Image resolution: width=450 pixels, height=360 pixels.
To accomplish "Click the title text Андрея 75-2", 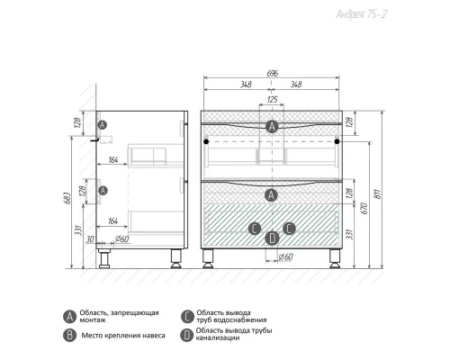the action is click(361, 14).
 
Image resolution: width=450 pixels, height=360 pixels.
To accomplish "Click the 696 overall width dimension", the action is click(272, 73).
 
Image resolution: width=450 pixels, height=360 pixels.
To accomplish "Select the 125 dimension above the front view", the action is click(272, 99).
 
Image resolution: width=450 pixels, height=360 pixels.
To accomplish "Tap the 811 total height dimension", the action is click(378, 193).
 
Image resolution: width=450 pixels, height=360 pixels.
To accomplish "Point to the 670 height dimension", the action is click(364, 208).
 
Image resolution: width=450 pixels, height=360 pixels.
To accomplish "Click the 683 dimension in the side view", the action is click(67, 198).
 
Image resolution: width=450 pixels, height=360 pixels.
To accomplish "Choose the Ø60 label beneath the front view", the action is click(285, 256).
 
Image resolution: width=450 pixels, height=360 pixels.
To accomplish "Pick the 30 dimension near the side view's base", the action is click(90, 239).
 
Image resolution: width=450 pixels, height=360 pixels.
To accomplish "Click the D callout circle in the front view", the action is click(272, 238).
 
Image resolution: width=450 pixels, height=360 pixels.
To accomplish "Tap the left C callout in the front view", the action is click(255, 229).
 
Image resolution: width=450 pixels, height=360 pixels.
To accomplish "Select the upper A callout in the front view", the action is click(272, 127).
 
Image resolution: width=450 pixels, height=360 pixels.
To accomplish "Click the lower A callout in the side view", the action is click(103, 190).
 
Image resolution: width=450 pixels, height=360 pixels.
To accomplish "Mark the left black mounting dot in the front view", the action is click(206, 141).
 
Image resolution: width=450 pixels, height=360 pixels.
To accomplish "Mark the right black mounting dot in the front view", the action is click(337, 141).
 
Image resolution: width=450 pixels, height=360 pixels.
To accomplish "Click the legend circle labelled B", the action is click(69, 335).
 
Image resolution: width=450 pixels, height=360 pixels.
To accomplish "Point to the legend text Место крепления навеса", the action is click(123, 336).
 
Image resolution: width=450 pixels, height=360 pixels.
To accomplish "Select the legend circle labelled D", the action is click(186, 335).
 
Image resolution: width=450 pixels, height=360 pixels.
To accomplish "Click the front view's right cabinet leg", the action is click(334, 258).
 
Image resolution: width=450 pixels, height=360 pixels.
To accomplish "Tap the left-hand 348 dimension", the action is click(246, 85).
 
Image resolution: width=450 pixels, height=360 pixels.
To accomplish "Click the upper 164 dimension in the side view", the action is click(112, 160).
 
